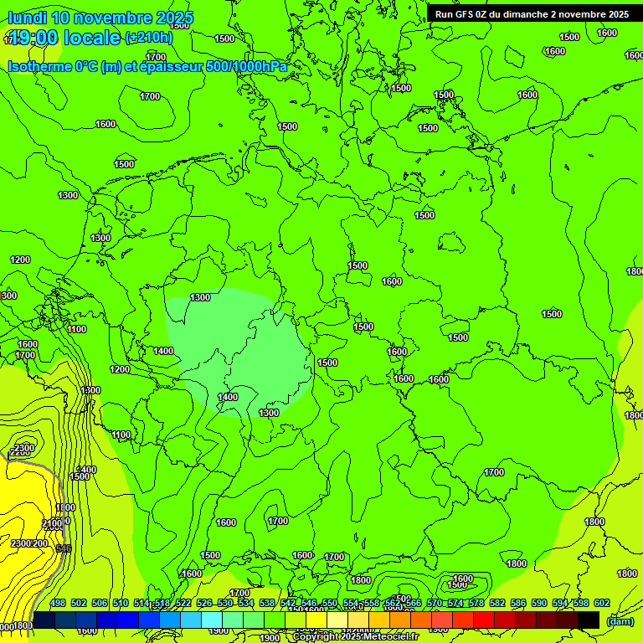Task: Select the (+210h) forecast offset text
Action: coord(149,37)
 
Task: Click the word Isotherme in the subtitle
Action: coord(39,66)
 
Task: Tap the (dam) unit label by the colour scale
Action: coord(620,620)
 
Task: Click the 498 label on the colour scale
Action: coord(58,603)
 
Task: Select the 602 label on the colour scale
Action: coord(602,603)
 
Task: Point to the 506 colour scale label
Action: coord(100,603)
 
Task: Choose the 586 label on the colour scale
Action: coord(518,603)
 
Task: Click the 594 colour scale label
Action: coord(560,603)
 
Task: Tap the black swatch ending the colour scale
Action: coord(589,620)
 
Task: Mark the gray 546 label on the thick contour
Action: coord(63,548)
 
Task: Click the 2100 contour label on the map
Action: coord(52,524)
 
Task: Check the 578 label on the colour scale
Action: coord(476,603)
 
